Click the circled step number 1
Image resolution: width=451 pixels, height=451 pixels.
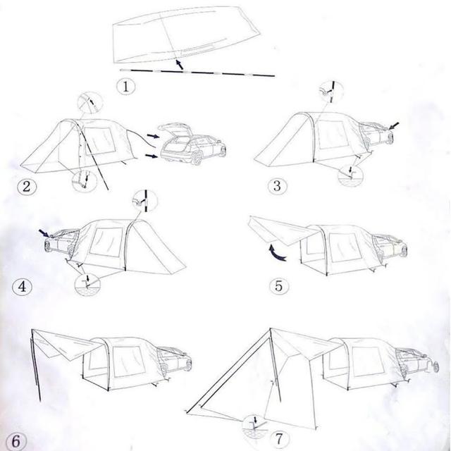126,87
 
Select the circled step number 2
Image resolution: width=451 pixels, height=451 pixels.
27,187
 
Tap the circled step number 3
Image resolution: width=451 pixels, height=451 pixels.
277,186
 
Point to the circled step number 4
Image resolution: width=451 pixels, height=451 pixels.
22,287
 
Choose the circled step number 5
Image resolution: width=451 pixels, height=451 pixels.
279,286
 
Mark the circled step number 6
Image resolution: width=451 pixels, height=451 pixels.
16,442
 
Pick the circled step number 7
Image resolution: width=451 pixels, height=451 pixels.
279,439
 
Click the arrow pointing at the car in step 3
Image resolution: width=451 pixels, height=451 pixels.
394,125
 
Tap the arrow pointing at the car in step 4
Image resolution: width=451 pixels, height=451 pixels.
44,233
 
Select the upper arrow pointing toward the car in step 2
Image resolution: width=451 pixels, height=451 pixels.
153,135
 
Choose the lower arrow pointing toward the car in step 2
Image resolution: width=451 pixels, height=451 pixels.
152,156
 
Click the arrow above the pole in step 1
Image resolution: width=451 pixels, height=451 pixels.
179,64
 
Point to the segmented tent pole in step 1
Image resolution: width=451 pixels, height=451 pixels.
197,72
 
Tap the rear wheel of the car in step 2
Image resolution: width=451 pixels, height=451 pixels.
197,158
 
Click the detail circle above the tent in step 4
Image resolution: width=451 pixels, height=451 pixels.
145,201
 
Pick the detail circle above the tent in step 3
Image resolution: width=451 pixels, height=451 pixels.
332,92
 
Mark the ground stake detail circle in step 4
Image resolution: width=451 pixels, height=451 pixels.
87,284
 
